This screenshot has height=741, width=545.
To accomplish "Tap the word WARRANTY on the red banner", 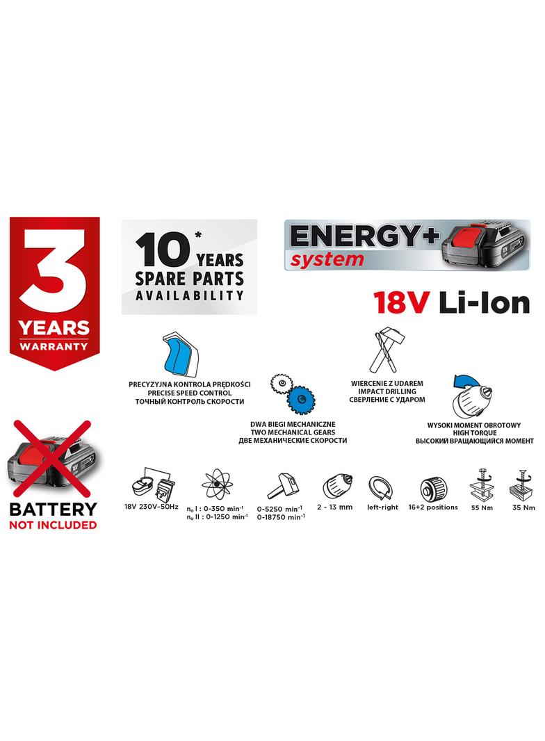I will click(54, 345).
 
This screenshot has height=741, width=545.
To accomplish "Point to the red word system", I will click(327, 260).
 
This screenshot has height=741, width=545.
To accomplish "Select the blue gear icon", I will click(300, 400).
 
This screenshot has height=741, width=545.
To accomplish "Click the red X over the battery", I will click(51, 455).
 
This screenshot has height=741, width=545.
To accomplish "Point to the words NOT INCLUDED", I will click(53, 525).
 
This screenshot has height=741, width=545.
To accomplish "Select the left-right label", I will click(383, 507).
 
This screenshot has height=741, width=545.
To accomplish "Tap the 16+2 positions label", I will click(434, 507).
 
